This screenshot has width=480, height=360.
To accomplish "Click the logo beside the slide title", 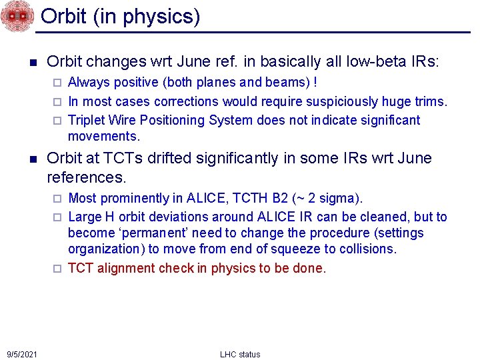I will [17, 16].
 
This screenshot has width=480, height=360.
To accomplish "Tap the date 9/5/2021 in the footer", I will [22, 353].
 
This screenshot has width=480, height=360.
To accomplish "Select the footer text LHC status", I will [240, 354].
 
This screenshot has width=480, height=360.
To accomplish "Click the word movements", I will [103, 136].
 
